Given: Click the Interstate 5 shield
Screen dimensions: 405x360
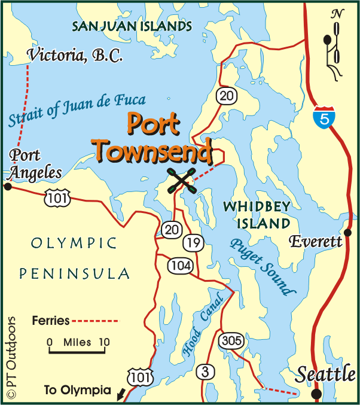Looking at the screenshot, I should pos(323,117).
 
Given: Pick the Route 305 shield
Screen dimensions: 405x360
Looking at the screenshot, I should pos(231,340).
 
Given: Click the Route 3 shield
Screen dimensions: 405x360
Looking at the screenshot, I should pos(205,371).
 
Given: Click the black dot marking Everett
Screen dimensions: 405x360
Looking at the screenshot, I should pos(347,232).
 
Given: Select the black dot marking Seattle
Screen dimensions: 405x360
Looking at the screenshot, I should pos(316,393).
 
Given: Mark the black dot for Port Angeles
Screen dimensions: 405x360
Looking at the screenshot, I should pos(7,187).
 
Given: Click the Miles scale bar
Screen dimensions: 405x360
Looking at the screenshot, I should pos(78,349).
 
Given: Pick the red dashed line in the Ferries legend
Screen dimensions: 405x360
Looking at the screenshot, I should pos(95,321).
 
